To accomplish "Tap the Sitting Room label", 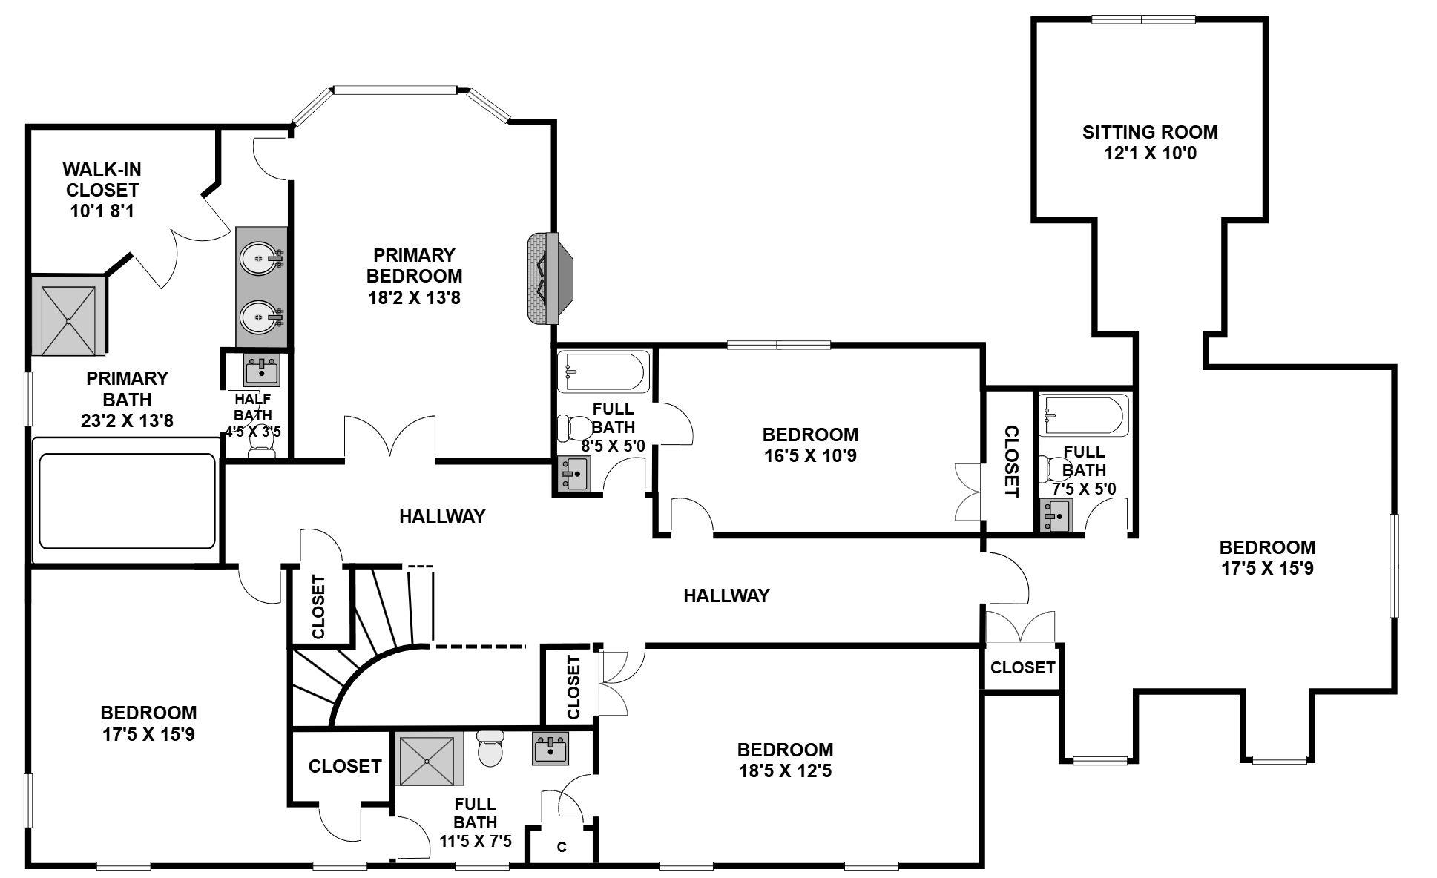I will (x=1149, y=133).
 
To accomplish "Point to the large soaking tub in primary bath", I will (x=127, y=501).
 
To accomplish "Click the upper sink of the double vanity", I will (x=260, y=258).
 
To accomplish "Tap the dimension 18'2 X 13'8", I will (x=414, y=297).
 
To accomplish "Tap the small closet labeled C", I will (x=562, y=846).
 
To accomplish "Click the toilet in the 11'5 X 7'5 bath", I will (x=490, y=749).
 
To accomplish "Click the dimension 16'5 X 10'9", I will (x=810, y=455).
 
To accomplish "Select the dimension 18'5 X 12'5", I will (x=785, y=770).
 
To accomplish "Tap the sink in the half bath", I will (x=262, y=370).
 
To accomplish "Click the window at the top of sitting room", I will (x=1142, y=19).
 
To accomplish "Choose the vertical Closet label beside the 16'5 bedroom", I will (x=1010, y=461).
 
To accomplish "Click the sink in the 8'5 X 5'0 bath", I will (x=573, y=474).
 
